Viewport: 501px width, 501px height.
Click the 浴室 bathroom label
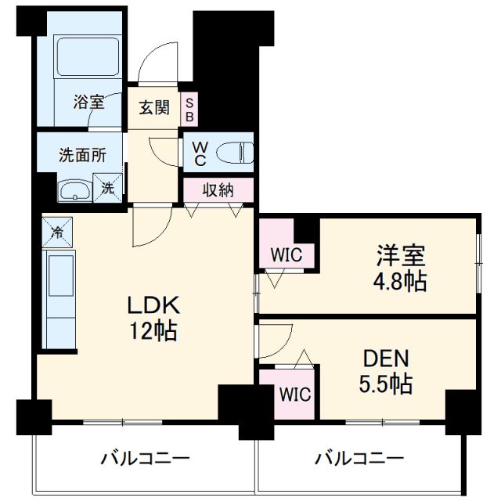click(x=88, y=102)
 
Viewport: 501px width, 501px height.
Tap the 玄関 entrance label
click(x=154, y=108)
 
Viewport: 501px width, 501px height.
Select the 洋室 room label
click(x=402, y=256)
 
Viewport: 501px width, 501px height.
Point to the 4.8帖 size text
click(x=402, y=281)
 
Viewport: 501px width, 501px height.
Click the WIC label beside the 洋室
click(x=288, y=254)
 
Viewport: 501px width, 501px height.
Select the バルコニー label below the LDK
click(x=144, y=459)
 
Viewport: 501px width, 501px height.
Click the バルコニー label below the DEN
click(x=359, y=459)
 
